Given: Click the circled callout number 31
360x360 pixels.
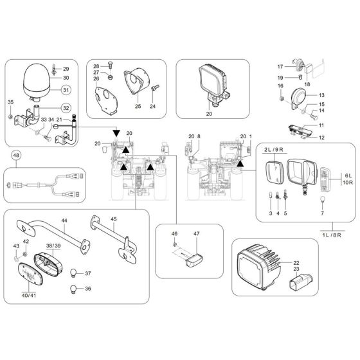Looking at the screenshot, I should click(67, 89).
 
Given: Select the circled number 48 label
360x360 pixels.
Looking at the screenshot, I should click(16, 155).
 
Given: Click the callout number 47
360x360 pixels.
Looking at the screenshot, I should click(197, 235).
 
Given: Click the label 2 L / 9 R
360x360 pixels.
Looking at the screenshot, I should click(273, 149).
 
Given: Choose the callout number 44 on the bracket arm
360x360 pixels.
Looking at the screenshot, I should click(64, 221).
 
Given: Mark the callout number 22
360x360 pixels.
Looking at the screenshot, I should click(296, 264).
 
